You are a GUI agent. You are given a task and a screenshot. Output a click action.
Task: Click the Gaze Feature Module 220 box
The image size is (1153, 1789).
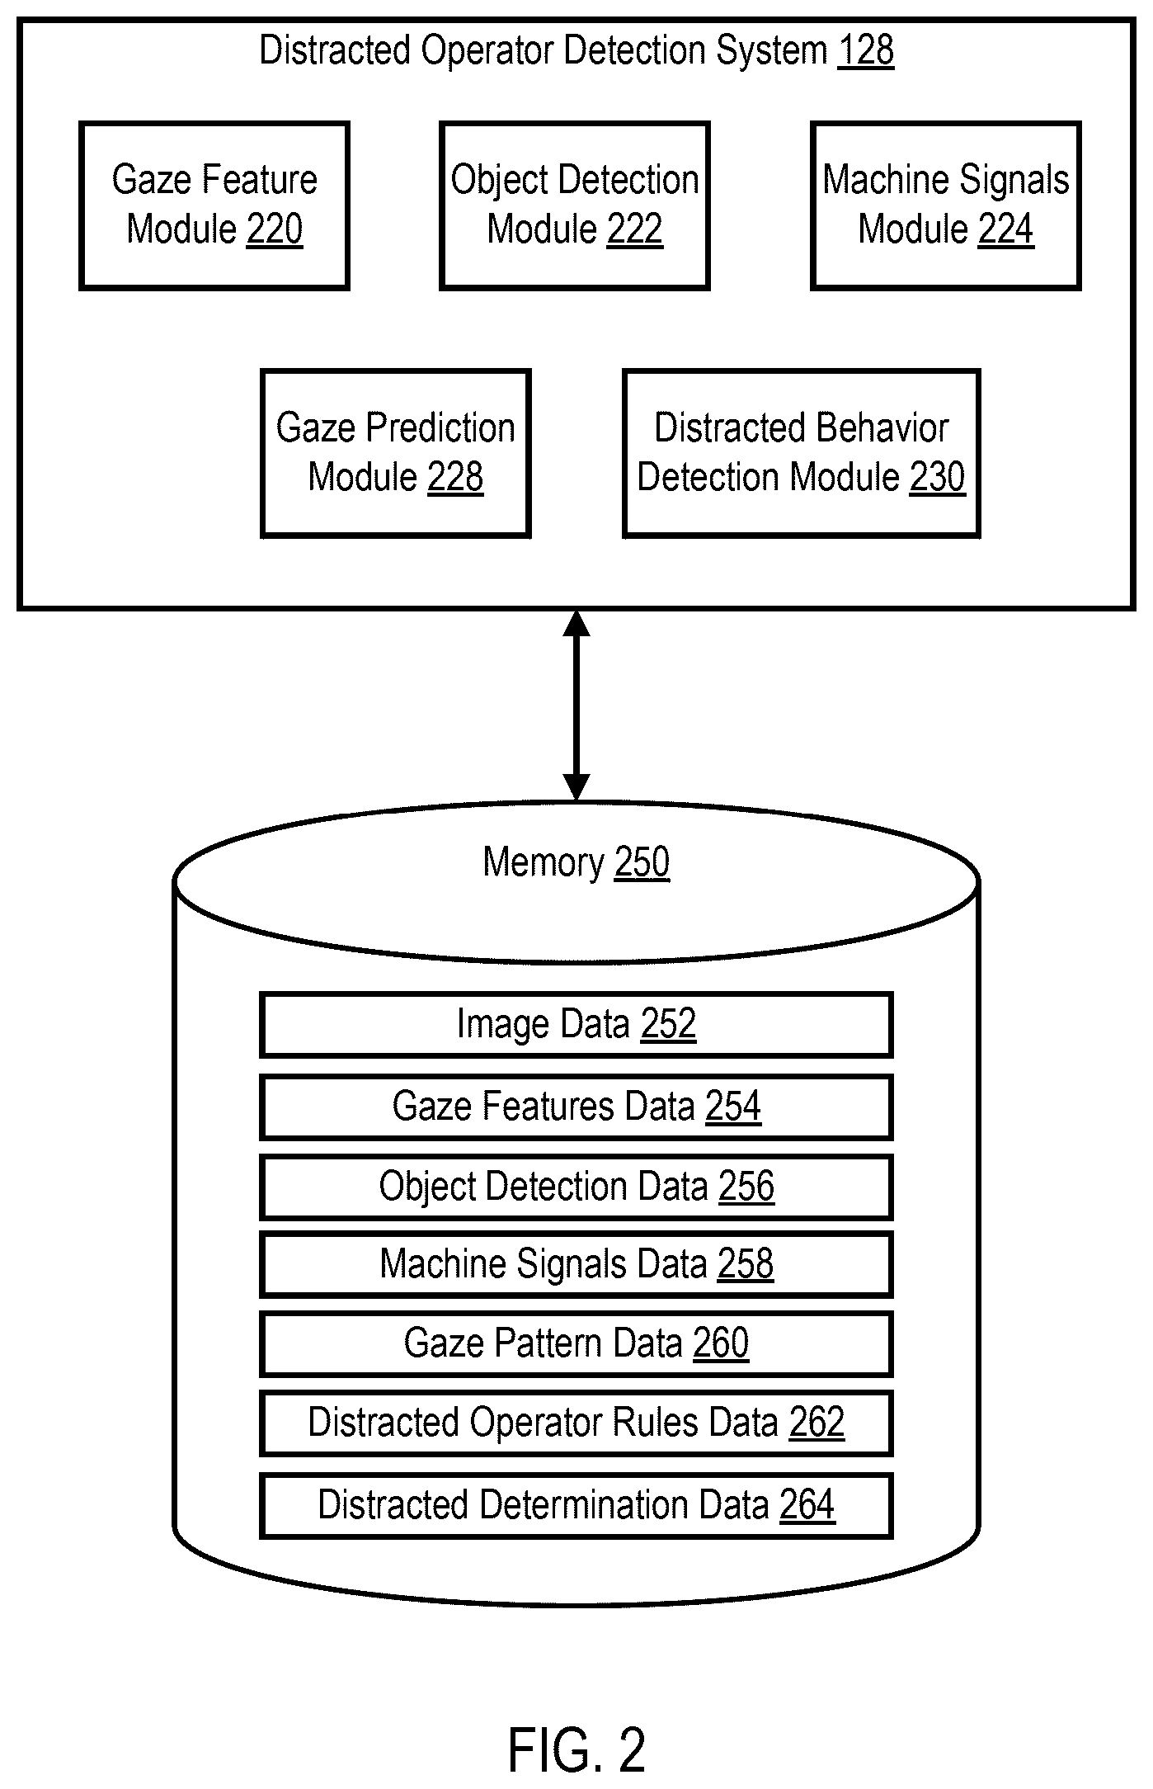tap(214, 205)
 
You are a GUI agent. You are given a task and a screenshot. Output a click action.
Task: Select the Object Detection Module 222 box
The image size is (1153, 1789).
tap(575, 205)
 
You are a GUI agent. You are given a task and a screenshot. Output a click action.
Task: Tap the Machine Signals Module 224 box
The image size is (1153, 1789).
tap(946, 205)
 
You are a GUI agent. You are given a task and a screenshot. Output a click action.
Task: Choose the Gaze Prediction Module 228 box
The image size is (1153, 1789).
tap(396, 453)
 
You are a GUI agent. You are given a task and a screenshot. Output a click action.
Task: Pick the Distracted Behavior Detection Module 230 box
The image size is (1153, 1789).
tap(802, 453)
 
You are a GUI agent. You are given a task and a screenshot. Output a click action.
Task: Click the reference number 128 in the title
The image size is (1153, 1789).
tap(865, 50)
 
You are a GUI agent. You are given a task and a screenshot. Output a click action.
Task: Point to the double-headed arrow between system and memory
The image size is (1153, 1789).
tap(576, 706)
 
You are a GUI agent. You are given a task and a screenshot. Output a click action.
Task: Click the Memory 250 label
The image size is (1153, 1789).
tap(576, 862)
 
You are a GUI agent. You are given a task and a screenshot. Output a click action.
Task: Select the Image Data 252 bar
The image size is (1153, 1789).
tap(576, 1025)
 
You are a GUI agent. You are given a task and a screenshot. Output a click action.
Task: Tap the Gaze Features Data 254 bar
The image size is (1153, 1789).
tap(576, 1107)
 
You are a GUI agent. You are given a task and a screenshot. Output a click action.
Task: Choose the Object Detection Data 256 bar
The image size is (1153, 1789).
tap(576, 1187)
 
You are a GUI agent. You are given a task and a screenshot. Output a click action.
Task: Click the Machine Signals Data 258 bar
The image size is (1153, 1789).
tap(576, 1264)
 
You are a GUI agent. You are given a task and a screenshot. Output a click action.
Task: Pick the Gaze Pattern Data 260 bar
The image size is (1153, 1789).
tap(576, 1343)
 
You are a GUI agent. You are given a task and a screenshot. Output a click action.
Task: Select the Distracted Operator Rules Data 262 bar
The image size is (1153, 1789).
tap(576, 1423)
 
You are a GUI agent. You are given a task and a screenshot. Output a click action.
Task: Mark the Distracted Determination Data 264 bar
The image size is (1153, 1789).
tap(576, 1505)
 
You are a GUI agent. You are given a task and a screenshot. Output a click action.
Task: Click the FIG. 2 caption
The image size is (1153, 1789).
tap(576, 1749)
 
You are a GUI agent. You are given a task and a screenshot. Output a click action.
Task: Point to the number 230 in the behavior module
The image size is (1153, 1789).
tap(937, 477)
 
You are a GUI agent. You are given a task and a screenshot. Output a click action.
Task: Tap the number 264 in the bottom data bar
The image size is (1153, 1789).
tap(807, 1504)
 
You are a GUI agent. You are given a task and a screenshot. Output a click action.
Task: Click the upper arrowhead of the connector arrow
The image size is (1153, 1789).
tap(576, 623)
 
